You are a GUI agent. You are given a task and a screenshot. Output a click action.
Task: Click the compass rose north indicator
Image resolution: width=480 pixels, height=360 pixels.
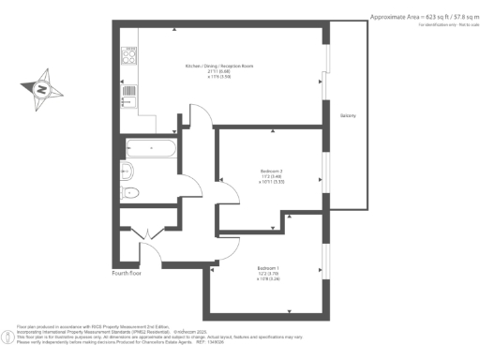coord(41,90)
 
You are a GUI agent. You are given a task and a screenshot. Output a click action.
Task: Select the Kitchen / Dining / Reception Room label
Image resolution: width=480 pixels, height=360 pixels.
coord(219,67)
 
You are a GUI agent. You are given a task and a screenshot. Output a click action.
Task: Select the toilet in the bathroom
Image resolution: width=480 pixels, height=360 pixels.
coord(131,192)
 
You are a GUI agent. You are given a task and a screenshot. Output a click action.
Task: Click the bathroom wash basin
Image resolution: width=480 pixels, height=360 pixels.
coord(127,170)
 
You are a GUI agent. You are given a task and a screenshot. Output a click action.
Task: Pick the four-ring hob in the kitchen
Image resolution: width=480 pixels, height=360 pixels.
coord(130,55)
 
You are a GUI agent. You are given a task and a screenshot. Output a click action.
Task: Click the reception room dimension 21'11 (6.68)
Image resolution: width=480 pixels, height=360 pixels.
coord(219,73)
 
